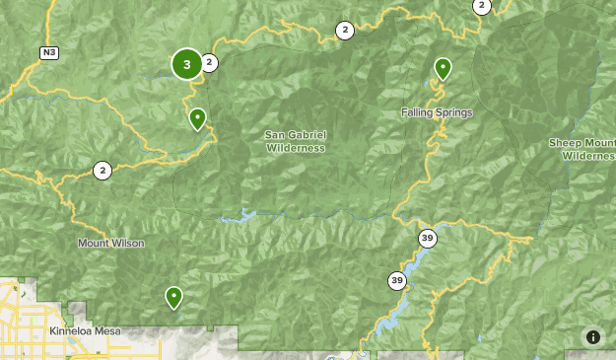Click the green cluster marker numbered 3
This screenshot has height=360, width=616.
click(186, 64)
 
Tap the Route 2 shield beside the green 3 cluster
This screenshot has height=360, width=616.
click(209, 63)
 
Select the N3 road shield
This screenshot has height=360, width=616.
click(48, 52)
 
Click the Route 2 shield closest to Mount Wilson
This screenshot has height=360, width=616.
click(103, 171)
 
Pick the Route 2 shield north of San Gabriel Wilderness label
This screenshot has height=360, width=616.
click(344, 31)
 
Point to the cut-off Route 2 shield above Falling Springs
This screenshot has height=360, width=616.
click(481, 6)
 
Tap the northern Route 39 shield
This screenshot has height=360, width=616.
click(427, 238)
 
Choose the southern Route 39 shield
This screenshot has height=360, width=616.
click(396, 281)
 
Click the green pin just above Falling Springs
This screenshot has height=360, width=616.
click(443, 68)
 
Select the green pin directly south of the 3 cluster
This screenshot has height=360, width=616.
click(198, 118)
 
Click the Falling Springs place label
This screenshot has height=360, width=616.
click(437, 112)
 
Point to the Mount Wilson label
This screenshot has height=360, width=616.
click(111, 243)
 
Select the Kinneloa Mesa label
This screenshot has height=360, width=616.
click(85, 331)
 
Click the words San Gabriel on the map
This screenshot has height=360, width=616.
click(295, 134)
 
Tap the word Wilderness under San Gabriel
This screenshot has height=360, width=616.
click(295, 148)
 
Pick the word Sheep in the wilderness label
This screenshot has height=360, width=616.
click(566, 143)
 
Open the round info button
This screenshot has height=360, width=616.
click(592, 336)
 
